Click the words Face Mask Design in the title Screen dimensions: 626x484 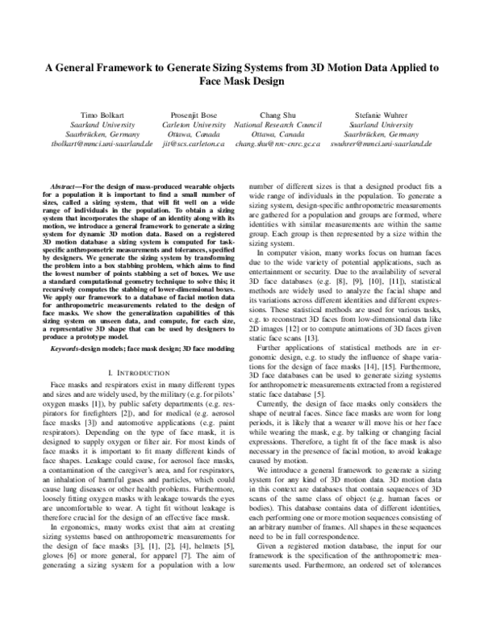click(242, 81)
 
